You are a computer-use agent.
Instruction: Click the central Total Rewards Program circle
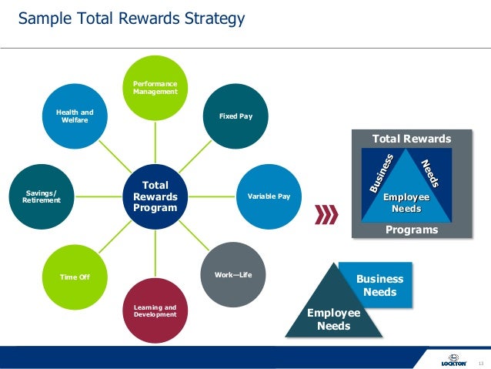click(x=155, y=196)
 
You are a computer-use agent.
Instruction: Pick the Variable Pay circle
click(x=268, y=197)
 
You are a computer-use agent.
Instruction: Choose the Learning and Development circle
click(x=155, y=310)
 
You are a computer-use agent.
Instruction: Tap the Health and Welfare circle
click(x=74, y=116)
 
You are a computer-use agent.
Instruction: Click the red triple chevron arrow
click(x=327, y=214)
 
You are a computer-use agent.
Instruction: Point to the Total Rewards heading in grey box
click(x=412, y=139)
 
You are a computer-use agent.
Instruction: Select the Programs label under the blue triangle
click(x=412, y=230)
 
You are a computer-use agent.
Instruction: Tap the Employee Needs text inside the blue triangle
click(x=406, y=203)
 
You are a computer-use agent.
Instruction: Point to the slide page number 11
click(x=481, y=361)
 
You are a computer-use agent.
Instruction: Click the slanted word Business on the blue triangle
click(x=382, y=174)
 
